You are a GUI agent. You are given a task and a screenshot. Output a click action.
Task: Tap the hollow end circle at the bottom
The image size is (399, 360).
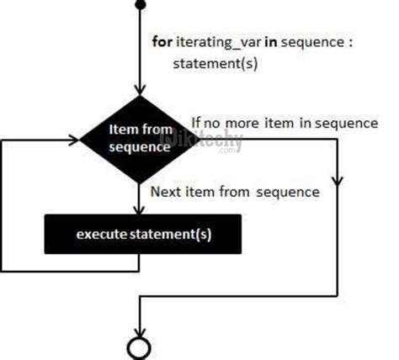click(x=138, y=347)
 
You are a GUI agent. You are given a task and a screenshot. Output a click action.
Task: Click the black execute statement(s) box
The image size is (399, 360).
click(x=142, y=234)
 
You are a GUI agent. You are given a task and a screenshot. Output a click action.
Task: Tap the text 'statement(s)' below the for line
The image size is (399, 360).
click(x=210, y=63)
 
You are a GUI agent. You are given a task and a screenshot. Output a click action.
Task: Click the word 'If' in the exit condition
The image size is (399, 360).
click(x=197, y=123)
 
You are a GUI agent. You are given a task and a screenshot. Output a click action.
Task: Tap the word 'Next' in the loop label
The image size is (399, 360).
click(x=166, y=192)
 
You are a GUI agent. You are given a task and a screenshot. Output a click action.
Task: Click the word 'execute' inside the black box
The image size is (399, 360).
click(x=104, y=235)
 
